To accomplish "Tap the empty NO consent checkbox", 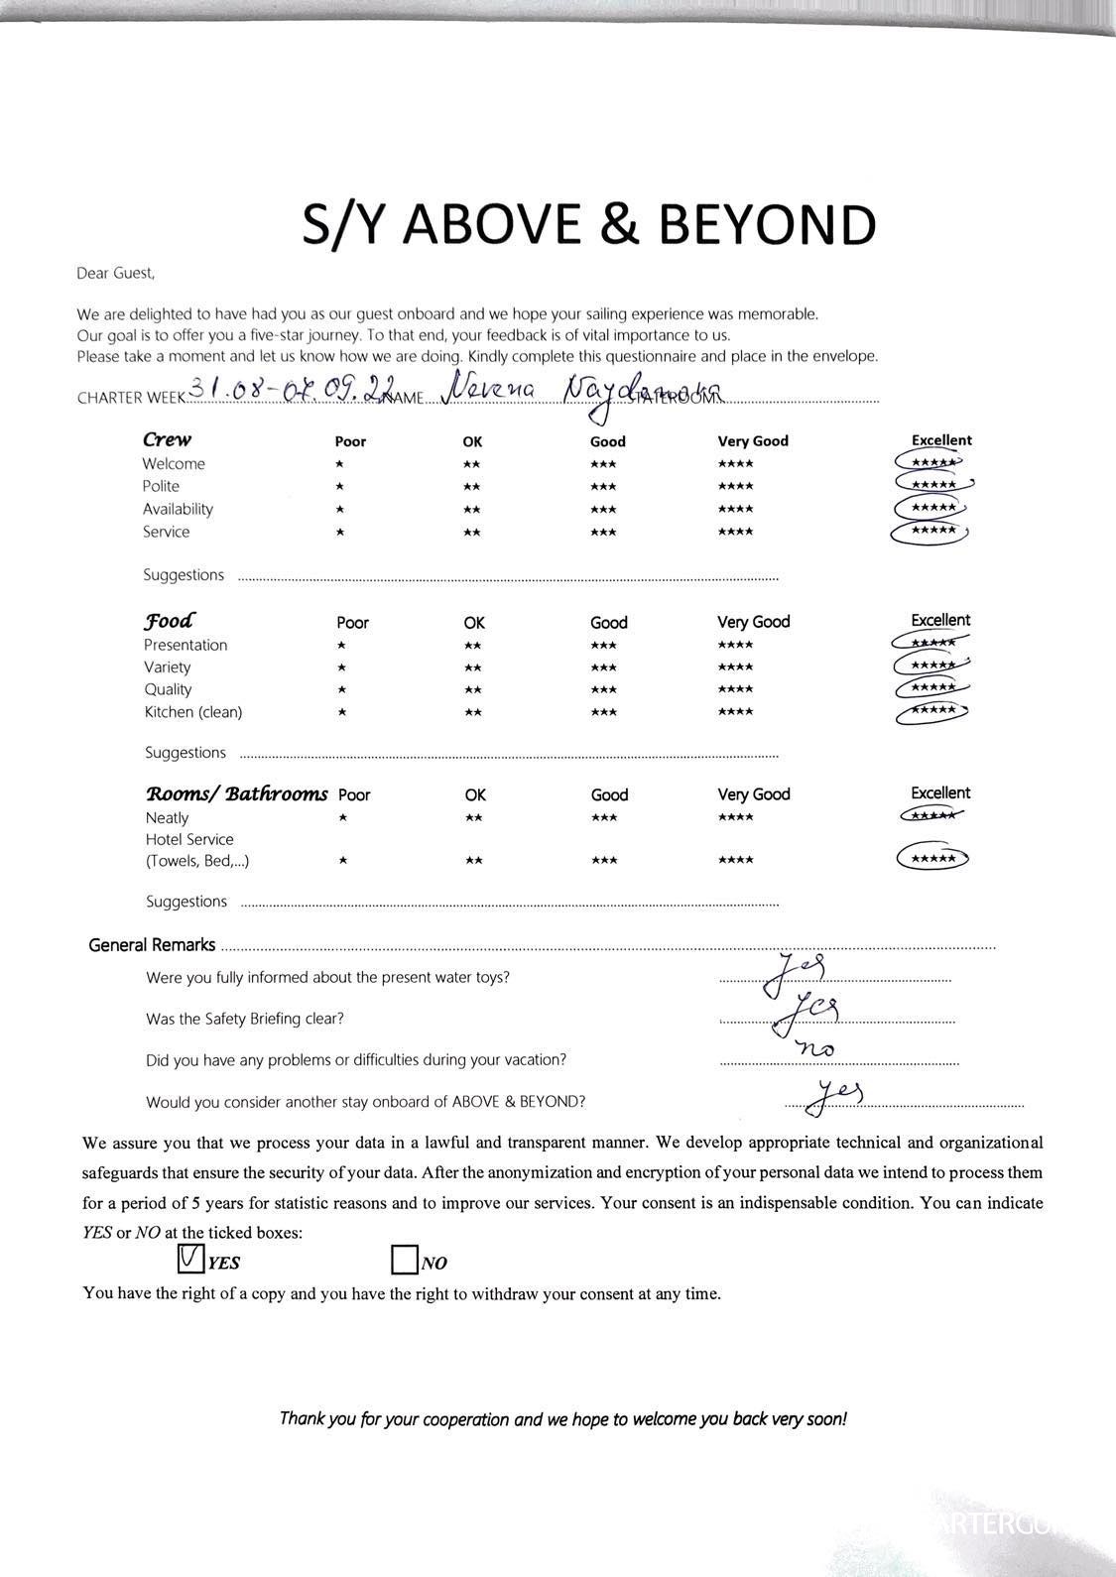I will [404, 1261].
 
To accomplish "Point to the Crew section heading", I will [167, 439].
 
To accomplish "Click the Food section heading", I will [170, 621].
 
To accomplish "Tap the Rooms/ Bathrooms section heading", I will [236, 793].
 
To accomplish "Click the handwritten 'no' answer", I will [815, 1047].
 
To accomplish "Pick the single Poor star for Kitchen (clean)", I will [341, 712].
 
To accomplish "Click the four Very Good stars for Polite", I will [735, 486].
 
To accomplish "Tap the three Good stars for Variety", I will [603, 667].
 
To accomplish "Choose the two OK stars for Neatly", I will [474, 817].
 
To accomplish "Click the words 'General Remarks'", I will [152, 945].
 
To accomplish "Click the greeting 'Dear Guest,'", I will [116, 273].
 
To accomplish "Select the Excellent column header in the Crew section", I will [941, 439].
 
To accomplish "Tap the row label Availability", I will [178, 509].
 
